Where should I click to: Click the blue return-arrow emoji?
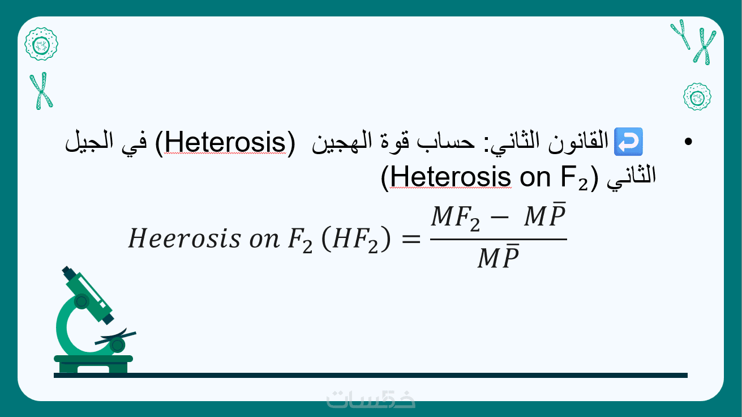[x=628, y=142]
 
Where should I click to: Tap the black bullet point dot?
[x=688, y=142]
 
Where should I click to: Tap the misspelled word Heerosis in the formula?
[x=185, y=239]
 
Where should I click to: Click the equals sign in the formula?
[x=411, y=239]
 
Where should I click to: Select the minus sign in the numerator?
[x=499, y=218]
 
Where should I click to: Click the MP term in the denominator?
[x=498, y=256]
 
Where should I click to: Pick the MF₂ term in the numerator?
[x=456, y=218]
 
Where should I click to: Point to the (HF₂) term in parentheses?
[x=356, y=239]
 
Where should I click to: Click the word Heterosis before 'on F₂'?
[x=451, y=177]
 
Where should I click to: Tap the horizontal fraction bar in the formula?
[x=499, y=239]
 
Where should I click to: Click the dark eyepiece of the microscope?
[x=68, y=273]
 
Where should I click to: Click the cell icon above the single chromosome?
[x=41, y=44]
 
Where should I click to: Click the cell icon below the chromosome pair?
[x=697, y=97]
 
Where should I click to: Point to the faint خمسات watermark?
[x=371, y=399]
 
